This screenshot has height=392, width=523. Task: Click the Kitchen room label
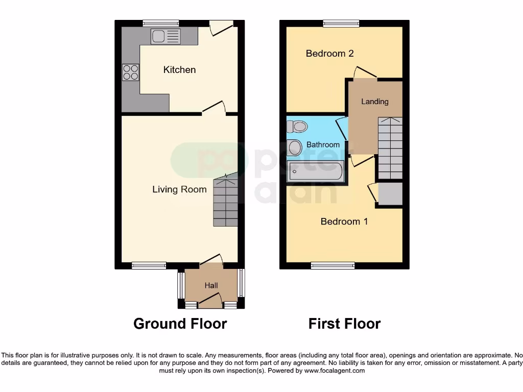point(179,69)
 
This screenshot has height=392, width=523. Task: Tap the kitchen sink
point(165,36)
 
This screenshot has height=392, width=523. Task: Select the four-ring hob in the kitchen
point(131,72)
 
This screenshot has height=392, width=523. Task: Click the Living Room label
point(179,189)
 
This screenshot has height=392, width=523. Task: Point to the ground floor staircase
point(225,201)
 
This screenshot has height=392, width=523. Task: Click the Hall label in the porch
point(211,286)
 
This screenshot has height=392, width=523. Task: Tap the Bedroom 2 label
point(329,53)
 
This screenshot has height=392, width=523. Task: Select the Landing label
point(375,102)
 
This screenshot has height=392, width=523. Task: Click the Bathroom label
point(323,145)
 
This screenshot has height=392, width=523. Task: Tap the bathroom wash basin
point(294,148)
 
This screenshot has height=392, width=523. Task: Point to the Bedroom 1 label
point(344,222)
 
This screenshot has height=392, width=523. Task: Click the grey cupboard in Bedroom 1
point(390,194)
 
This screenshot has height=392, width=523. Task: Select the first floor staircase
point(390,148)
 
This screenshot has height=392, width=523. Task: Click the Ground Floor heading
point(180,324)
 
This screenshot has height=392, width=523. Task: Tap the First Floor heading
point(344,324)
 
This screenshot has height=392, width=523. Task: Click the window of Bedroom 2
point(341,23)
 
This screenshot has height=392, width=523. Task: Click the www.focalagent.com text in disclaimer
point(335,371)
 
